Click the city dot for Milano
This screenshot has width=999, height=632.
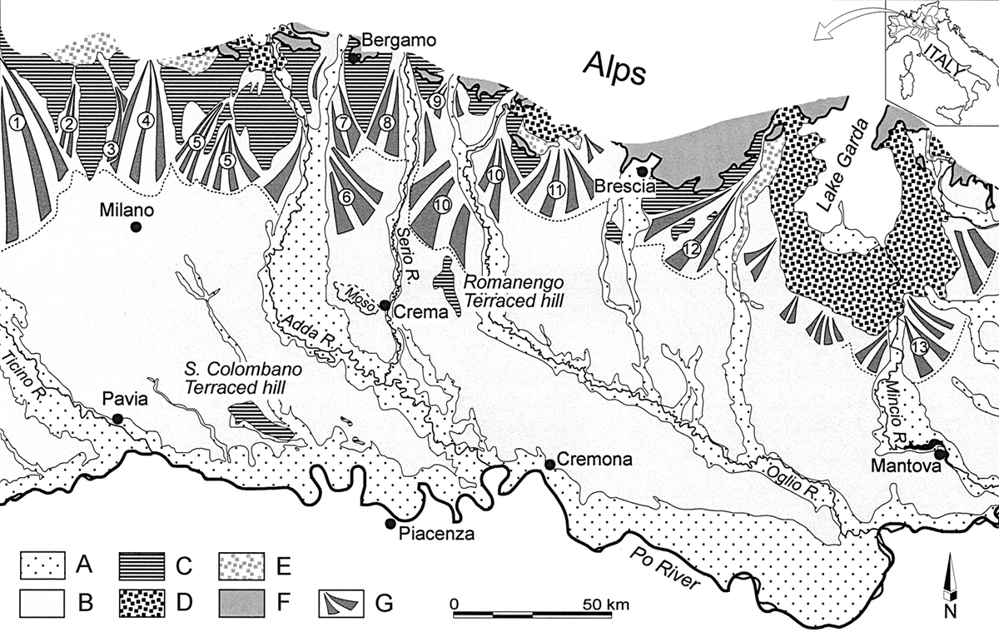(x=135, y=226)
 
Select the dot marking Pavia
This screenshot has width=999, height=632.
(x=118, y=418)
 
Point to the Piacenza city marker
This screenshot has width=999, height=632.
(x=390, y=523)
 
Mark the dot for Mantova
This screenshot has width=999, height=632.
(x=939, y=454)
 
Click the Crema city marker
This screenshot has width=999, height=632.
(x=385, y=306)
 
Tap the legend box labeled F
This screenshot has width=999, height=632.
(x=243, y=601)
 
